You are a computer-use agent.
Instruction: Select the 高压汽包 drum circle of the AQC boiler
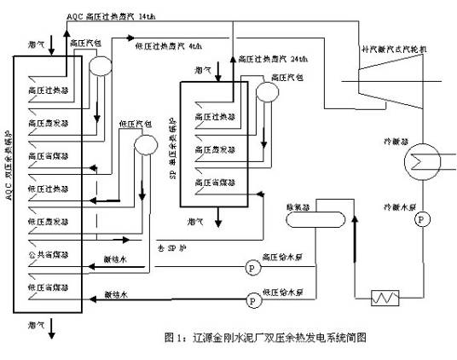[x=100, y=65]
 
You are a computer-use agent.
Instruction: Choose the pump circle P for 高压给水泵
[x=252, y=266]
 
